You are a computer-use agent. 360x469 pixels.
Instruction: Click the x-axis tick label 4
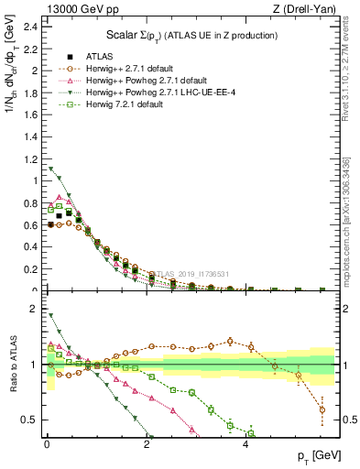(x=245, y=448)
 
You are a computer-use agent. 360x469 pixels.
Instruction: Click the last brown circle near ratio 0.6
(x=322, y=409)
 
